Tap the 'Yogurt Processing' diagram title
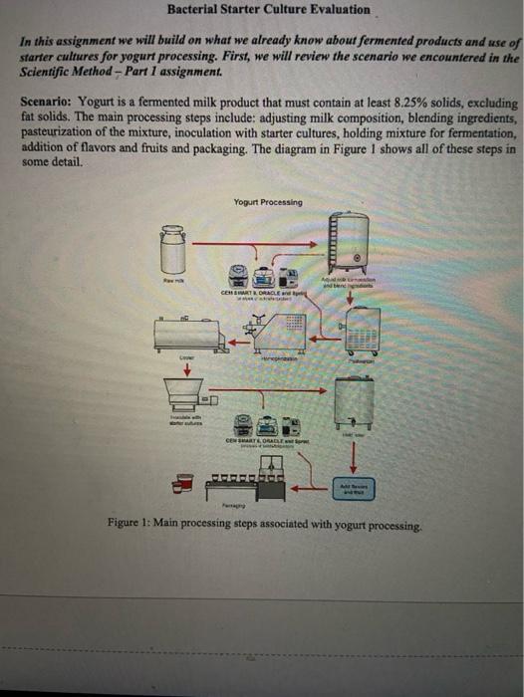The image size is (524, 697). pos(268,202)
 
